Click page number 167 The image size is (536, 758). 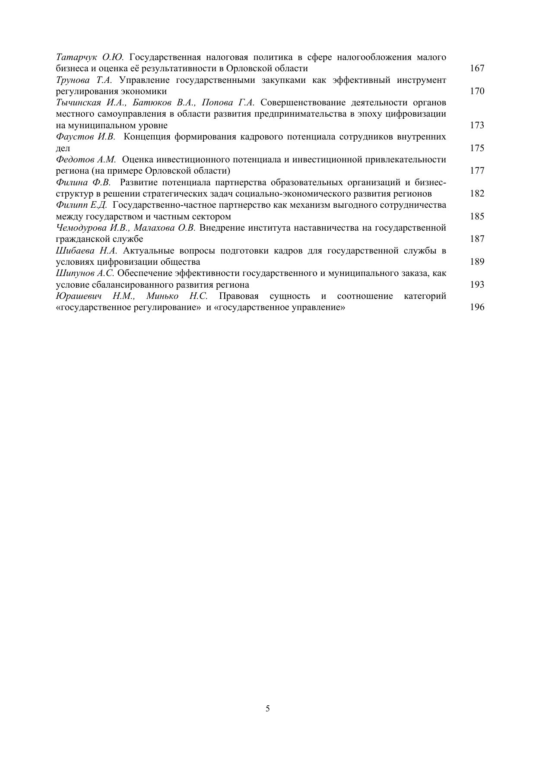pos(477,68)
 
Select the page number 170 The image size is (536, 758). pos(477,91)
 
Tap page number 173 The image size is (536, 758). pos(477,125)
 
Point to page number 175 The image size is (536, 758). pos(477,148)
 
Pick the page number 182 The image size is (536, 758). pos(477,193)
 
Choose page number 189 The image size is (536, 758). pos(477,262)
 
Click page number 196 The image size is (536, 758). pos(477,307)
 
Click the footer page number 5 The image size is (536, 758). pos(268,708)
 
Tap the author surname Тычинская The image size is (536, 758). pos(78,103)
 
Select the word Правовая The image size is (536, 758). pos(239,296)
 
